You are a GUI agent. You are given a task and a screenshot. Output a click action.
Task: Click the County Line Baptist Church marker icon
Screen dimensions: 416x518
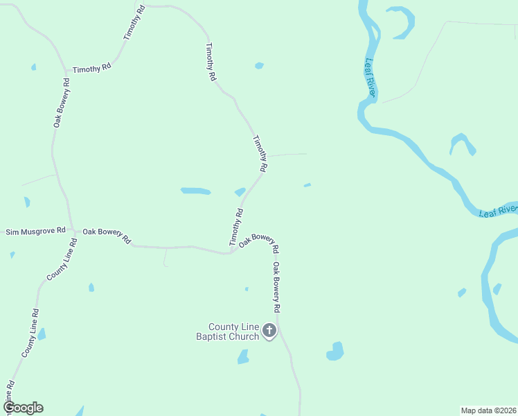[269, 331]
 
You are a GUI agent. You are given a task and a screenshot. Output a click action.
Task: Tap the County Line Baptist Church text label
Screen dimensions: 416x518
[234, 331]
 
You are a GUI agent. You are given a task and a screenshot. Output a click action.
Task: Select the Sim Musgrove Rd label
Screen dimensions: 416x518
[35, 230]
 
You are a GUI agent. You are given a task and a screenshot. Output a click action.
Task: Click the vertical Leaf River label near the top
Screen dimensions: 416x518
[370, 78]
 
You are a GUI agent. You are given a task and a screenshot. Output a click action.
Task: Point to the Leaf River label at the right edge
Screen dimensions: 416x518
[498, 209]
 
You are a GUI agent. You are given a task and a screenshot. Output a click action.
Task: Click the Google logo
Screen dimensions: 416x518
[23, 408]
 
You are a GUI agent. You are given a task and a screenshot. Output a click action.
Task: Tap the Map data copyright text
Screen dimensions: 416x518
[489, 410]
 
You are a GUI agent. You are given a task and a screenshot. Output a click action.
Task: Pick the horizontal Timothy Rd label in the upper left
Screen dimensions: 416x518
[92, 69]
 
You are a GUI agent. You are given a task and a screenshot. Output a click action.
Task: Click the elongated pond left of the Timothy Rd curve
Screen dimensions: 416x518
[195, 191]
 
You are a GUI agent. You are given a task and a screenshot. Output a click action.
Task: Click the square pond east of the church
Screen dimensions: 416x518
[336, 352]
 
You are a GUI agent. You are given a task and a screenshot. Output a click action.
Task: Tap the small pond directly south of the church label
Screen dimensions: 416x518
[243, 357]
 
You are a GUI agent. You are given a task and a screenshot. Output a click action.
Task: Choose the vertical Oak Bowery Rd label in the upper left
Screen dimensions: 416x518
[61, 103]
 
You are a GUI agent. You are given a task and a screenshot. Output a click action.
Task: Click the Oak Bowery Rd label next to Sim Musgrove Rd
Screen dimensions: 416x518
[107, 235]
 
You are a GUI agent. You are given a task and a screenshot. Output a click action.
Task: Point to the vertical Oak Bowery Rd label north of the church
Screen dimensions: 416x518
[276, 286]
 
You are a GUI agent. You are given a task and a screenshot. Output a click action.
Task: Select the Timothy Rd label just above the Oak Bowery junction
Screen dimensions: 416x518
[236, 227]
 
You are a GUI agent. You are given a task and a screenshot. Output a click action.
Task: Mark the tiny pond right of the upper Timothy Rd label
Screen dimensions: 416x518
[259, 66]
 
